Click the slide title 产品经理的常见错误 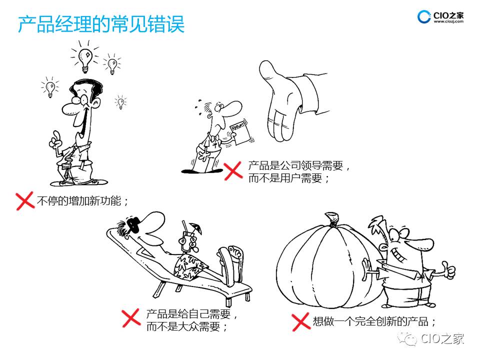point(101,24)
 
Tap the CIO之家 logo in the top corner point(440,16)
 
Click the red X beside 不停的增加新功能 point(25,201)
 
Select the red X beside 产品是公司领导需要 point(233,171)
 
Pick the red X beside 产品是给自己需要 point(131,318)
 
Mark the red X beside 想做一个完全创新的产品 point(300,321)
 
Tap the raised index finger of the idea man point(56,135)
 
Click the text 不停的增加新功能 point(82,201)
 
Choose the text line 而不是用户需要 point(288,178)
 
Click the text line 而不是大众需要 point(186,327)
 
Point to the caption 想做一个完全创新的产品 point(374,321)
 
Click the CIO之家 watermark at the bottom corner point(431,339)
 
